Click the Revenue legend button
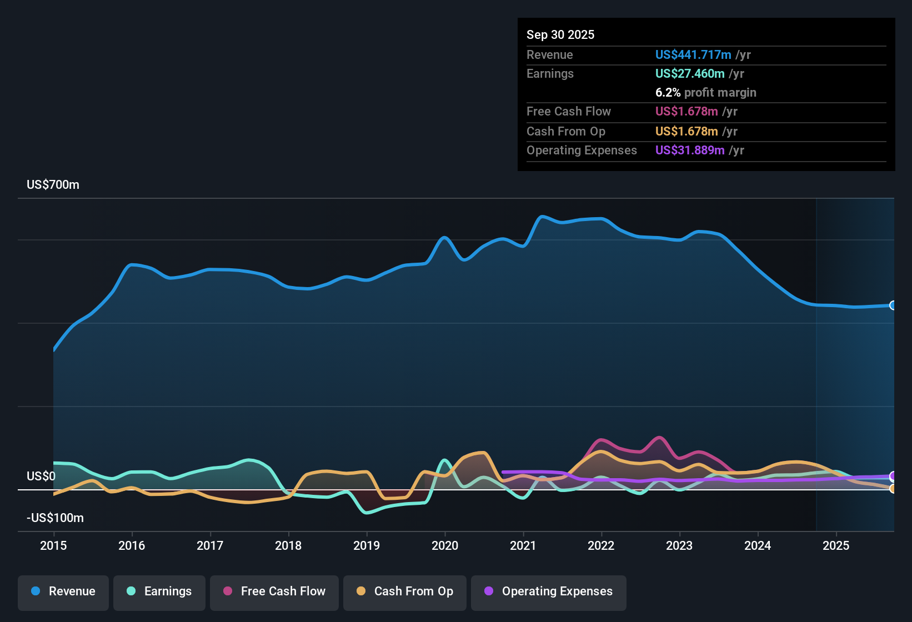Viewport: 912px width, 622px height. click(63, 591)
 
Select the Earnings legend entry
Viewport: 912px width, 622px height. click(159, 591)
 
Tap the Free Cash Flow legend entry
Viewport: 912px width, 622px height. click(274, 591)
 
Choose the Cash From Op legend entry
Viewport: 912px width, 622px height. click(405, 591)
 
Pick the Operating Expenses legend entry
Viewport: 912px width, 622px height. click(549, 591)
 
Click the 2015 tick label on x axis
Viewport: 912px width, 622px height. click(53, 545)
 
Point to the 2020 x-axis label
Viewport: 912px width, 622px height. click(445, 545)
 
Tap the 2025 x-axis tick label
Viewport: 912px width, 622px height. click(836, 545)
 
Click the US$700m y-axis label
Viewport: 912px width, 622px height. click(53, 185)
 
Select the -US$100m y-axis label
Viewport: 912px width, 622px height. click(55, 518)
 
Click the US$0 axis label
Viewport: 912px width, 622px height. click(41, 476)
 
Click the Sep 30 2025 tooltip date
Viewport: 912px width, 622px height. click(560, 34)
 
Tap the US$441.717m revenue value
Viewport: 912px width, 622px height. click(693, 54)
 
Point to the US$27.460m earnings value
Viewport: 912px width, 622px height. click(689, 73)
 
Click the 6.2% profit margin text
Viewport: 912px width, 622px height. click(705, 92)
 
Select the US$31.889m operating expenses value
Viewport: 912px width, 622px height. click(689, 150)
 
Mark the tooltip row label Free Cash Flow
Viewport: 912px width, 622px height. click(568, 111)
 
